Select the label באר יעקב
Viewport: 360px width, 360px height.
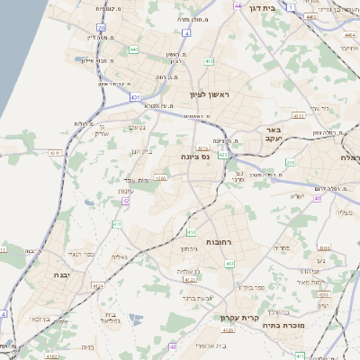tap(274, 135)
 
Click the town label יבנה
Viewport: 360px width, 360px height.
tap(61, 275)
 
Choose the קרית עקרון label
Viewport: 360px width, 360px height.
tap(238, 318)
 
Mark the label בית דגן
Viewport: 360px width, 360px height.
tap(284, 6)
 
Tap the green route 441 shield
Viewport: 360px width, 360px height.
tap(133, 49)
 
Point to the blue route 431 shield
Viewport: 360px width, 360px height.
tap(136, 95)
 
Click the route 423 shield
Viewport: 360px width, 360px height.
tap(221, 155)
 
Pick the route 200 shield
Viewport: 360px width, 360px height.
tap(290, 162)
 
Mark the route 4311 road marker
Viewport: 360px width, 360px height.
tap(55, 153)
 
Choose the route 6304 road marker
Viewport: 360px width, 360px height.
tap(161, 178)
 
